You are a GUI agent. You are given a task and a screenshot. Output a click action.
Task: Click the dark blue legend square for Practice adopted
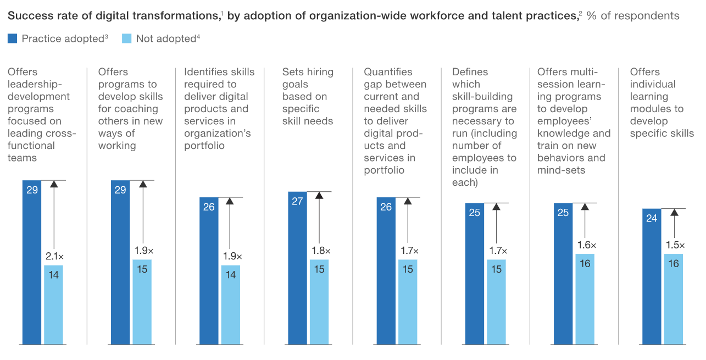pyautogui.click(x=12, y=38)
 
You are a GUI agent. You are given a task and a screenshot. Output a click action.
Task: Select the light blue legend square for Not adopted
pyautogui.click(x=126, y=38)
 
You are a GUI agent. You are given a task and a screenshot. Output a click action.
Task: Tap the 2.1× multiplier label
pyautogui.click(x=54, y=257)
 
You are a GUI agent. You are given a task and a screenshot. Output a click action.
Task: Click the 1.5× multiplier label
pyautogui.click(x=674, y=245)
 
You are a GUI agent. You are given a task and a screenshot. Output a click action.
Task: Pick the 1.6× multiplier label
pyautogui.click(x=586, y=245)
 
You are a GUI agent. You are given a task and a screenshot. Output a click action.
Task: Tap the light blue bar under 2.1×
pyautogui.click(x=54, y=305)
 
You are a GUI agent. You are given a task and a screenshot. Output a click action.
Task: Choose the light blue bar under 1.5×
pyautogui.click(x=674, y=300)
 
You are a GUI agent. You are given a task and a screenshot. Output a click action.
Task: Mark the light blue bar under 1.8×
pyautogui.click(x=319, y=302)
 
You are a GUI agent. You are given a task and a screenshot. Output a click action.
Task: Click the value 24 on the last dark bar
pyautogui.click(x=652, y=218)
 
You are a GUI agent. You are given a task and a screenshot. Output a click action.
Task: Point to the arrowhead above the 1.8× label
pyautogui.click(x=319, y=196)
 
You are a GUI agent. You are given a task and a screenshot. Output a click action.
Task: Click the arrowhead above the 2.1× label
pyautogui.click(x=53, y=184)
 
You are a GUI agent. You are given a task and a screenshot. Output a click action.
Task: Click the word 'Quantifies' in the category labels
pyautogui.click(x=388, y=72)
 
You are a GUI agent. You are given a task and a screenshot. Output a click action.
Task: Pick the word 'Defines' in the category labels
pyautogui.click(x=470, y=72)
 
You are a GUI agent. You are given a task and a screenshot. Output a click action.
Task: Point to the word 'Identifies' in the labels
pyautogui.click(x=208, y=72)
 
